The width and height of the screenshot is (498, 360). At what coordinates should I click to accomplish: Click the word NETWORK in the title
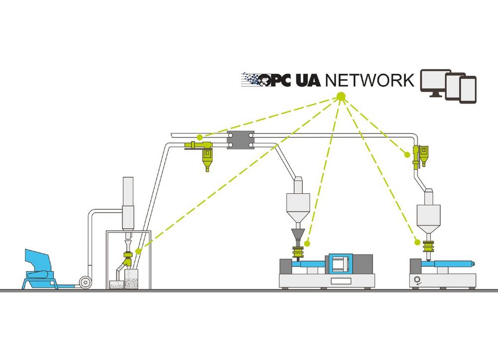[x=370, y=80]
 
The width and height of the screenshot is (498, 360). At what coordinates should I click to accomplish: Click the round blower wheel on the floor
[x=86, y=281]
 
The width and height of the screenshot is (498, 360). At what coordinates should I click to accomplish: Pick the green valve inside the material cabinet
[x=128, y=259]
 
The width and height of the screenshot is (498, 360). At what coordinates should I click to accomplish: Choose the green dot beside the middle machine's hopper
[x=307, y=243]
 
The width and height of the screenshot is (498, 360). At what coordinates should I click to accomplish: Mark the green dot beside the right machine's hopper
[x=417, y=242]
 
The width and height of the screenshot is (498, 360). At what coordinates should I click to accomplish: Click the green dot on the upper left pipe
[x=199, y=136]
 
